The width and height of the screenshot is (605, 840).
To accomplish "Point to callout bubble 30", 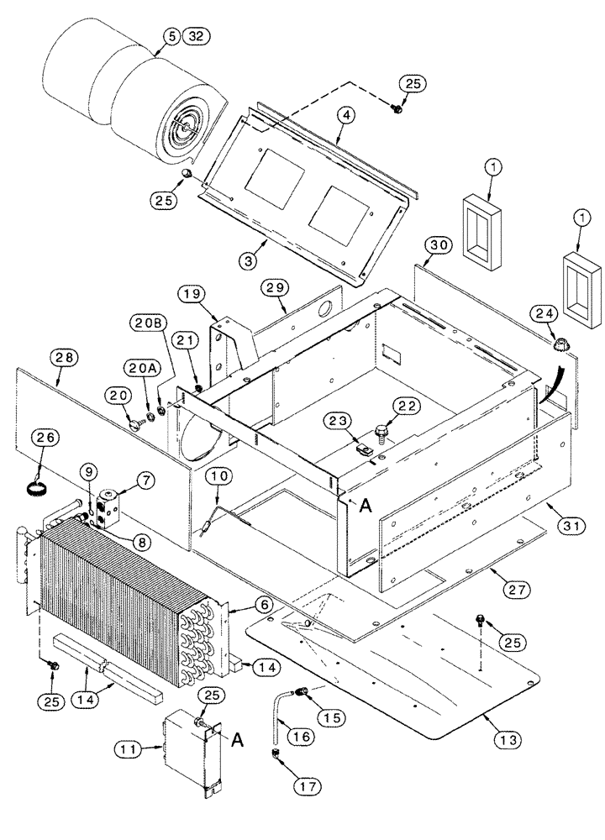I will coord(434,244).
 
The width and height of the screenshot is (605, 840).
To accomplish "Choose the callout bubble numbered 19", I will coord(191,294).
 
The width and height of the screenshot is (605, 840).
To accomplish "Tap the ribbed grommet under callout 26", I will coord(39,466).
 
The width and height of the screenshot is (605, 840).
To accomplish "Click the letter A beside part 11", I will coord(237,739).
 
